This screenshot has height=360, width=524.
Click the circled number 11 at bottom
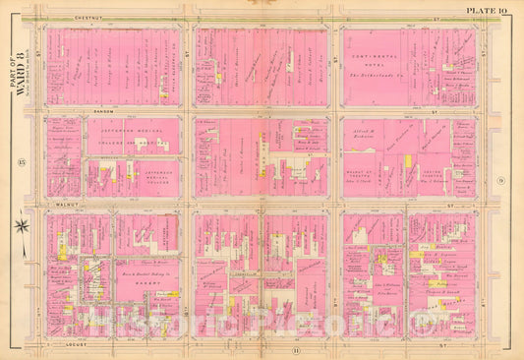pyautogui.click(x=266, y=348)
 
